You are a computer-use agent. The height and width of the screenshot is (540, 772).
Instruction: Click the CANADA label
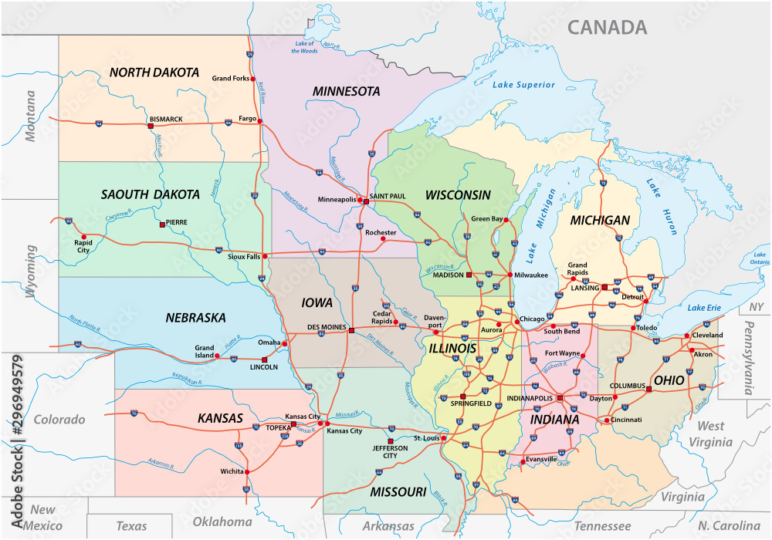[x=608, y=28]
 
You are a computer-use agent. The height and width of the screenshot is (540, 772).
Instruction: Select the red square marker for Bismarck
[x=151, y=126]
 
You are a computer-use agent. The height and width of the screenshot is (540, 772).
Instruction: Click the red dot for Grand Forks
[x=253, y=78]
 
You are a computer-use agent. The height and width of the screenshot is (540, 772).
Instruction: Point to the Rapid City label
[x=82, y=245]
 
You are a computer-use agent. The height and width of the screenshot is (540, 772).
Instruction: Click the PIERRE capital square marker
[x=161, y=224]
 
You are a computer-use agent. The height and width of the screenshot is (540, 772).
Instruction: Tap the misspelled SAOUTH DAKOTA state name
[x=150, y=194]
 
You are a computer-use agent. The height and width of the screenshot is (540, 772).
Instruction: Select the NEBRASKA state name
[x=195, y=317]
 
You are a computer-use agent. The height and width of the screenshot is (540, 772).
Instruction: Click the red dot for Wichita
[x=248, y=471]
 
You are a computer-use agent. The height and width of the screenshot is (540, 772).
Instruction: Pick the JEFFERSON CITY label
[x=390, y=451]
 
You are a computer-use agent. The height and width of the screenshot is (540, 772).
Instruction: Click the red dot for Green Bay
[x=506, y=220]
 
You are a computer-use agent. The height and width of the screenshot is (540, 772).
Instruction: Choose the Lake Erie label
[x=703, y=309]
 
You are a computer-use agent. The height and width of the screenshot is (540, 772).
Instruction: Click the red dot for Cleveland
[x=686, y=336]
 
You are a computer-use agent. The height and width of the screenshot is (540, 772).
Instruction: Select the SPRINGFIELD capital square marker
[x=463, y=397]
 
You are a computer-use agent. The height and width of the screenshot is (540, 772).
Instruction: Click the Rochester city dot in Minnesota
[x=383, y=239]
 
